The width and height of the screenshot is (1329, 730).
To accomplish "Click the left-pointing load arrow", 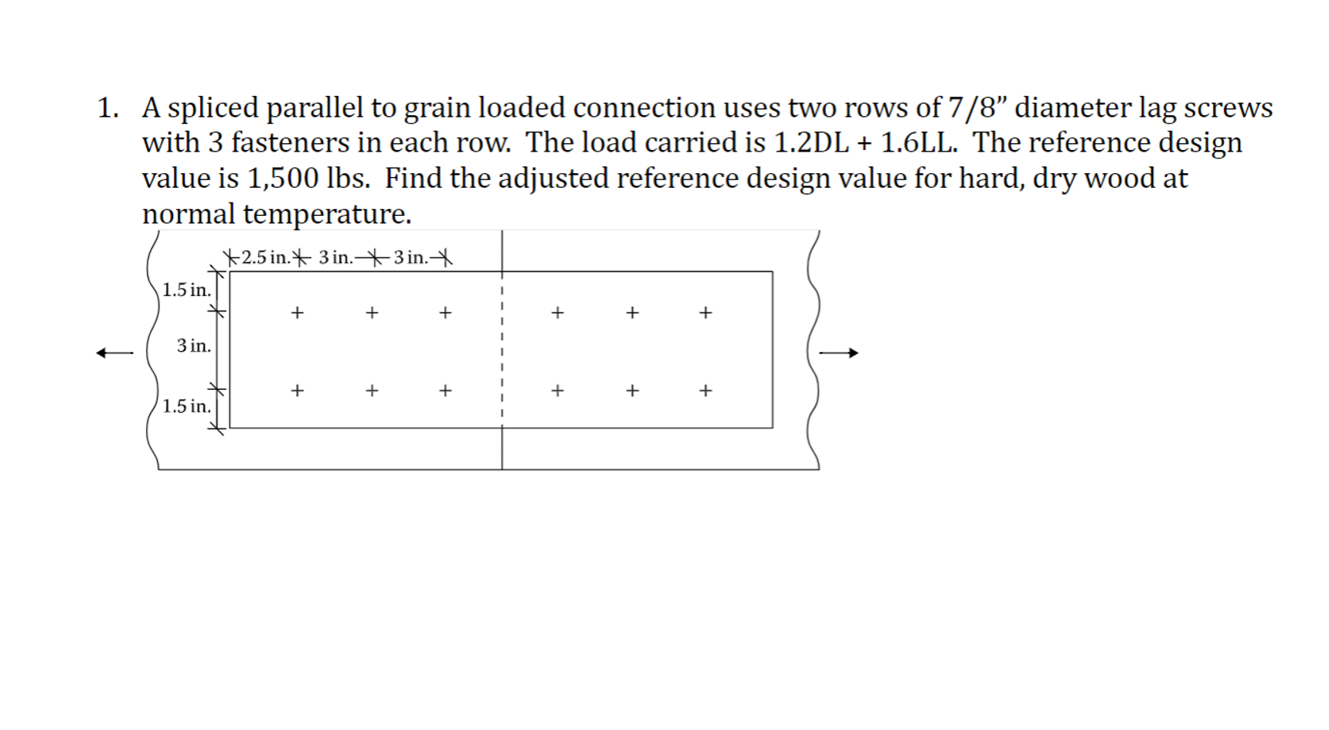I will click(114, 353).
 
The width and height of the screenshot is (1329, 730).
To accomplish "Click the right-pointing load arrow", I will click(839, 353).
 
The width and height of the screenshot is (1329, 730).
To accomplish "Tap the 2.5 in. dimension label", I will click(265, 258).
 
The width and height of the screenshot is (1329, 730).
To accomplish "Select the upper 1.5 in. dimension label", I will click(186, 291).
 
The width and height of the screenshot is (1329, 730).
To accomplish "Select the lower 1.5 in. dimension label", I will click(186, 407).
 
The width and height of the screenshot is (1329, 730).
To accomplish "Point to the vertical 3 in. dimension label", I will click(193, 346).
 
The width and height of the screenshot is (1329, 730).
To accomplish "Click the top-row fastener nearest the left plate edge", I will click(297, 313).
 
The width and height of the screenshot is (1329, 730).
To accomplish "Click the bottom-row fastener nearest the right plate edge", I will click(705, 391).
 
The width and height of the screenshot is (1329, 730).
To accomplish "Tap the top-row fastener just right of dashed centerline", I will click(557, 313).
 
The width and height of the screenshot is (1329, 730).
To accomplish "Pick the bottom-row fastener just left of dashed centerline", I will click(445, 391).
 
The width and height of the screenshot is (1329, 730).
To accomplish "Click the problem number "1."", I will click(108, 108).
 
